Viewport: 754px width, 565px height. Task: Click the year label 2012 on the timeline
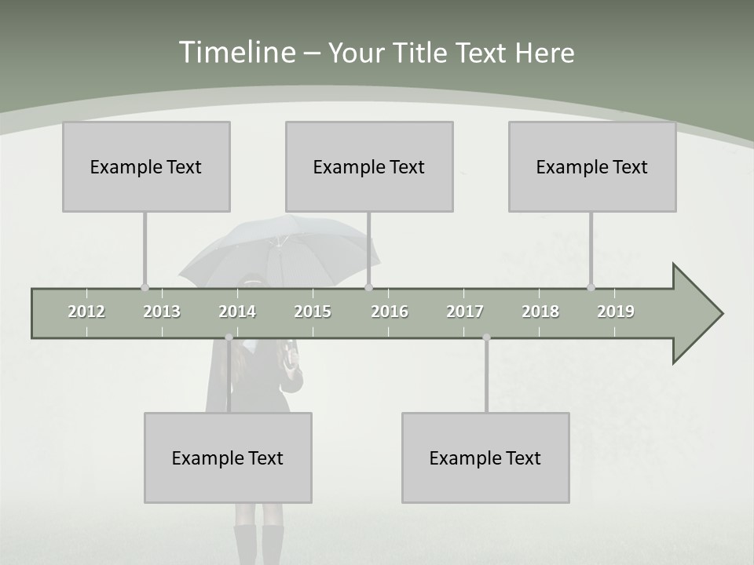[86, 312]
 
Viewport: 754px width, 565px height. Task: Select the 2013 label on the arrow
[162, 312]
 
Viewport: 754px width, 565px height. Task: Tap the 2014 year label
[237, 312]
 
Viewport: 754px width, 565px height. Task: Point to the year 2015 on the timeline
[313, 312]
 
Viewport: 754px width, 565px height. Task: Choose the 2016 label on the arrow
[390, 312]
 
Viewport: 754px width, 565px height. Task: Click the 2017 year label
[465, 312]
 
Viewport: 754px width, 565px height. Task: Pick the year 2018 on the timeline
[540, 312]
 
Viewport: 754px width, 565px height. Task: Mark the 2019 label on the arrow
[616, 312]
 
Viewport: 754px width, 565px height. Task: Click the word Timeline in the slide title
[236, 53]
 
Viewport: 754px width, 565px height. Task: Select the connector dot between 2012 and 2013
[145, 287]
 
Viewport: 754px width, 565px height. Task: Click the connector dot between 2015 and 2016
[368, 287]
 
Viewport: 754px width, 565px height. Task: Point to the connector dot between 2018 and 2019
[591, 287]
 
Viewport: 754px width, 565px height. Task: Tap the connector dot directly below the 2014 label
[229, 337]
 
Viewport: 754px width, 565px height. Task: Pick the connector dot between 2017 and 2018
[486, 337]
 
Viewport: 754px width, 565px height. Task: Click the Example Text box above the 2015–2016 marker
[369, 166]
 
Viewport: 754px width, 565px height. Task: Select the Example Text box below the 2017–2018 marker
[485, 457]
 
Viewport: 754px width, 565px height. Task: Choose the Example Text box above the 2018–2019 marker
[592, 166]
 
